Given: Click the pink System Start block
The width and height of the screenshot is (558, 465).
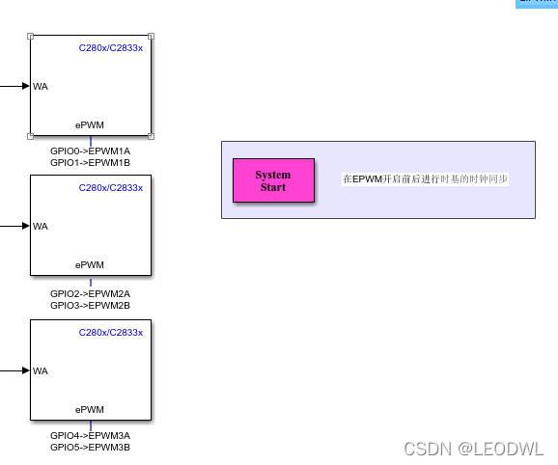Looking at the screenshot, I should [273, 180].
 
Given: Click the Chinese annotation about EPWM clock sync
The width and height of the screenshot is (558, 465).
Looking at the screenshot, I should [425, 179].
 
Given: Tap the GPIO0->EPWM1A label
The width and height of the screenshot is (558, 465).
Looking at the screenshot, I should [90, 151].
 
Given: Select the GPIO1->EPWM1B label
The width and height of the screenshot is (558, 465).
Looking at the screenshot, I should [90, 163].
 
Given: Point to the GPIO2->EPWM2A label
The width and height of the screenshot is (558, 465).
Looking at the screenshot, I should [90, 293].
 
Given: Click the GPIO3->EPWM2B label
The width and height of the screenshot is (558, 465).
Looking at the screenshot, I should [90, 305].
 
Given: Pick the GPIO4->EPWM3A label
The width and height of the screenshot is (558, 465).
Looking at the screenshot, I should [90, 435].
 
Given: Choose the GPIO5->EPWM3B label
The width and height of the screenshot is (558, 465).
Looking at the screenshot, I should [90, 447].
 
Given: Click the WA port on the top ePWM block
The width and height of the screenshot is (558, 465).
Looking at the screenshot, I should [41, 87].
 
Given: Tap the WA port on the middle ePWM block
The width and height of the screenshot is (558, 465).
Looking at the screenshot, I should [41, 227].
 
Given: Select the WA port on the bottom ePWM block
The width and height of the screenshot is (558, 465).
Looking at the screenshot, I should [41, 370].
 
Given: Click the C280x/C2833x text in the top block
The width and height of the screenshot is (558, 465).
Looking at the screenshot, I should [111, 48].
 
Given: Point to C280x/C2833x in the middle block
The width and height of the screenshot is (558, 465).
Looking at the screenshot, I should [111, 188].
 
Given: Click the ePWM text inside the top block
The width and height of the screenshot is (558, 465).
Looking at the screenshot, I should [90, 124].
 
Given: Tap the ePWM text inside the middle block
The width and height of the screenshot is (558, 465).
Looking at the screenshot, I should [90, 264].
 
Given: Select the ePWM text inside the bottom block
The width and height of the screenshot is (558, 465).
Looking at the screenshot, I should [90, 409].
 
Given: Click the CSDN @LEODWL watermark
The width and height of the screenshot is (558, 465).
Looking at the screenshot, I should [473, 449].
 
